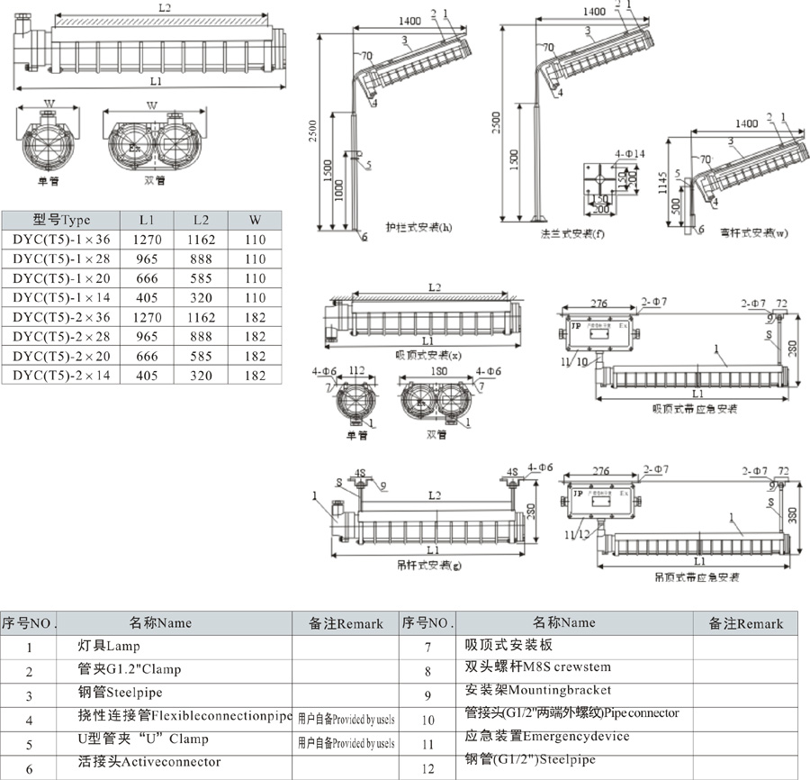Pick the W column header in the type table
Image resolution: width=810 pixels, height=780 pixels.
point(256,219)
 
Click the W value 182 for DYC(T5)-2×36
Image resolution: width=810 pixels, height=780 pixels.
point(256,317)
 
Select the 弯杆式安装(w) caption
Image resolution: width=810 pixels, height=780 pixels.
point(754,232)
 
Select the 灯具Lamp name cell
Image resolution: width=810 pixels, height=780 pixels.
point(110,646)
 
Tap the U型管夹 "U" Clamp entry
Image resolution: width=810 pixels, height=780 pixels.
point(143,739)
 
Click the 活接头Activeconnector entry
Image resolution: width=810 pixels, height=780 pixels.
point(149,762)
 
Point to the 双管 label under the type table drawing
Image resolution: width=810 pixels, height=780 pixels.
point(156,180)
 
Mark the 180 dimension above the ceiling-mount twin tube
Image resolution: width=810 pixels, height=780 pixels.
point(438,369)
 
